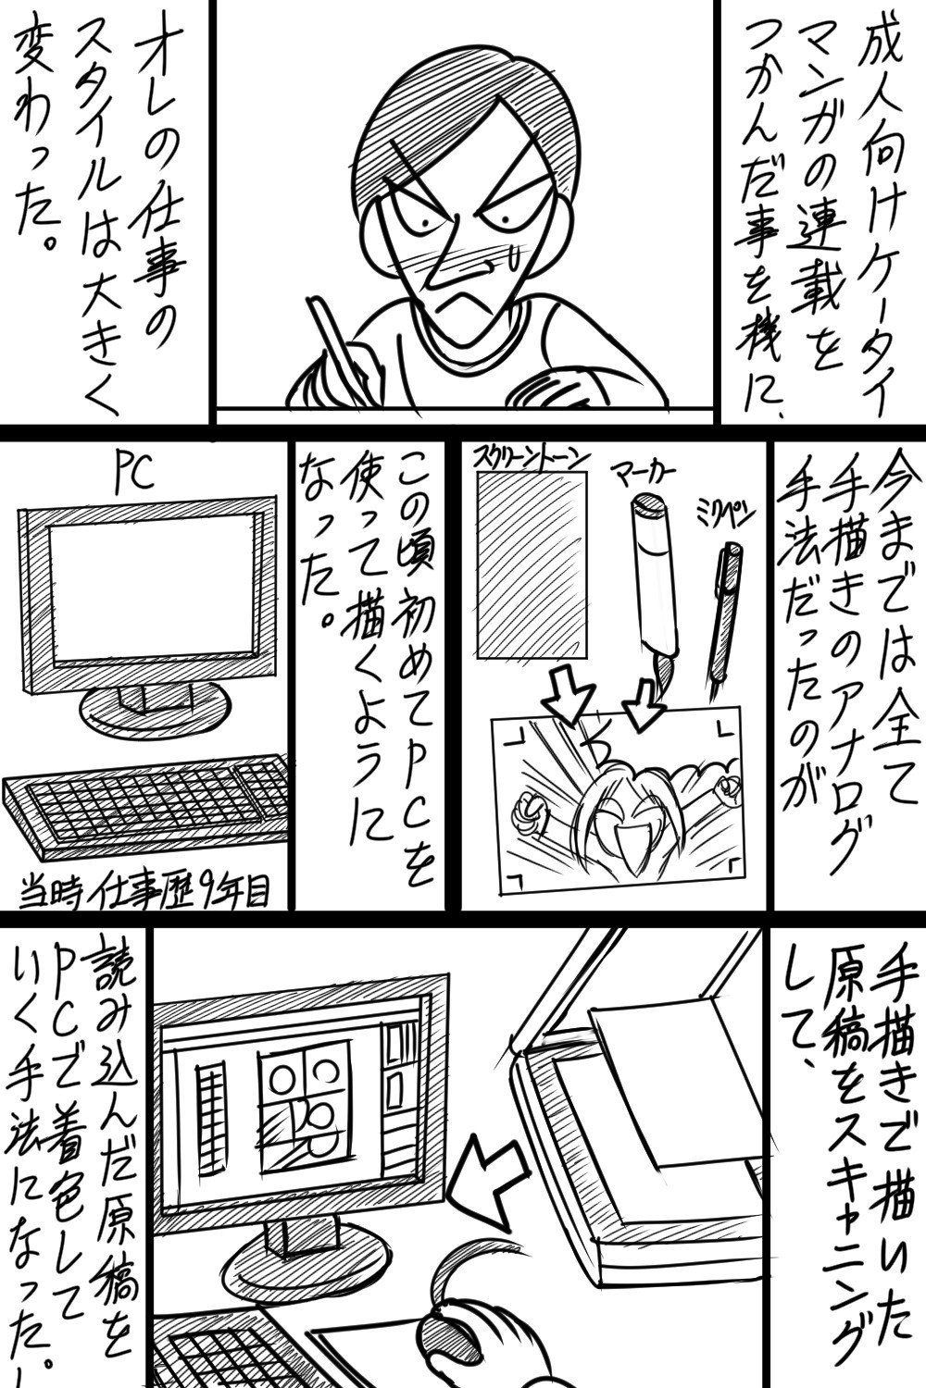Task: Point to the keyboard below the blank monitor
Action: pyautogui.click(x=146, y=807)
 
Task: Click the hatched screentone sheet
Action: pyautogui.click(x=531, y=564)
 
